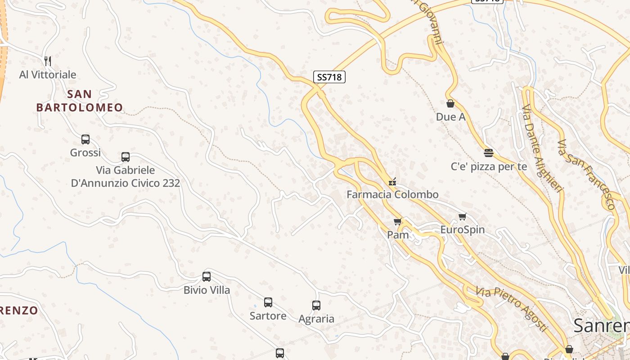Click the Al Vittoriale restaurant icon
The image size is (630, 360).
(x=48, y=61)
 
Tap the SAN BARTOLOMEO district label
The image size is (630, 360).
(x=80, y=101)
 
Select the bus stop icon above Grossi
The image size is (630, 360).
(x=85, y=139)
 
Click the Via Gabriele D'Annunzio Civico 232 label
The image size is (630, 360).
(x=126, y=177)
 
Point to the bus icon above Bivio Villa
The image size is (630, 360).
(x=207, y=277)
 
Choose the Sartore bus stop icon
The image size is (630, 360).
(x=268, y=302)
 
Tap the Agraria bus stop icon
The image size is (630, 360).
(x=316, y=306)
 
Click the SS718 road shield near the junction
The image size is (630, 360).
(x=329, y=77)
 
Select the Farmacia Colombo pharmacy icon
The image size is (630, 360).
(x=392, y=182)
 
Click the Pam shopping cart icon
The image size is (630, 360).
(x=398, y=222)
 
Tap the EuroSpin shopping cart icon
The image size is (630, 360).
(x=462, y=217)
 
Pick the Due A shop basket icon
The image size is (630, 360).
(x=450, y=104)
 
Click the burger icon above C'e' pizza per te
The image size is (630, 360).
(x=489, y=153)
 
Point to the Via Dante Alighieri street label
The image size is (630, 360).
(x=542, y=148)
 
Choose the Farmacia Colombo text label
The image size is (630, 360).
(x=392, y=195)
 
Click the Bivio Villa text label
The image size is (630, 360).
(x=207, y=290)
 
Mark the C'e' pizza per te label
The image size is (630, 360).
(x=489, y=167)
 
